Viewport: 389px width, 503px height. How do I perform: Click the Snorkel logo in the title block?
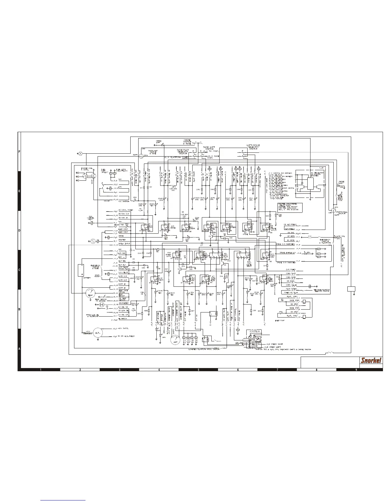pyautogui.click(x=371, y=360)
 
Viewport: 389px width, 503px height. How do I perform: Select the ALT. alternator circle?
pyautogui.click(x=98, y=333)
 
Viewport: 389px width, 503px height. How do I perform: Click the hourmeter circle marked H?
pyautogui.click(x=102, y=304)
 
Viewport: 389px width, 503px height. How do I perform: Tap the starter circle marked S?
pyautogui.click(x=93, y=241)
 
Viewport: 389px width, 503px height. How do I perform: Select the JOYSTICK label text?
pyautogui.click(x=255, y=331)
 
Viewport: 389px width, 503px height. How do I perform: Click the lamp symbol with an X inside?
pyautogui.click(x=80, y=154)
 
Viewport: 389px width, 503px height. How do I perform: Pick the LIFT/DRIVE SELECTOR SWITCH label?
pyautogui.click(x=253, y=147)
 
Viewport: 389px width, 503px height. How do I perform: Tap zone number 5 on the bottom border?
pyautogui.click(x=198, y=370)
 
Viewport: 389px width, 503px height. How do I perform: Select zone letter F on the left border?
pyautogui.click(x=19, y=151)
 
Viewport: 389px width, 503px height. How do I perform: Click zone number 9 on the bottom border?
pyautogui.click(x=356, y=370)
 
